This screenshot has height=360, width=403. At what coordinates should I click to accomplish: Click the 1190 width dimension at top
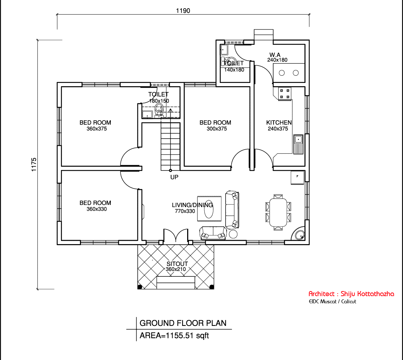point(183,11)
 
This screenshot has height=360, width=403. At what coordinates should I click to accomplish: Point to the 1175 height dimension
point(34,165)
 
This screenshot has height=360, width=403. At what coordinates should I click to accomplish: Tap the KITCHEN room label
point(279,122)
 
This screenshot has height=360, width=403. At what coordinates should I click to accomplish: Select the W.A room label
point(275,55)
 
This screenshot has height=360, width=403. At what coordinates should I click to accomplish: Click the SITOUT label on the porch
point(177,264)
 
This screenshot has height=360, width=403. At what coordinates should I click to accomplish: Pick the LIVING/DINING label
point(192,205)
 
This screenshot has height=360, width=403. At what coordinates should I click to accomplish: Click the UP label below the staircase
point(174,177)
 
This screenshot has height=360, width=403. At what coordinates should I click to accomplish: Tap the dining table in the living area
point(278,212)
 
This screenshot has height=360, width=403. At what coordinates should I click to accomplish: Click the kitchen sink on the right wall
point(298,144)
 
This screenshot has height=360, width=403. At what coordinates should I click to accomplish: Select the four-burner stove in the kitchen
point(285,94)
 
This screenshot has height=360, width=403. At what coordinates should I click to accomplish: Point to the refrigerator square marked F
point(297,178)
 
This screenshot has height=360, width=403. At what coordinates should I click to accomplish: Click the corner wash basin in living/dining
point(299,234)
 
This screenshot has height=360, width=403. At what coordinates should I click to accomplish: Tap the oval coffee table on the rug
point(209,209)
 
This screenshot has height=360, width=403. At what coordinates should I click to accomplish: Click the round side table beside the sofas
point(233,234)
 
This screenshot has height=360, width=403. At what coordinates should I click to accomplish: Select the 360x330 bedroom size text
point(97,209)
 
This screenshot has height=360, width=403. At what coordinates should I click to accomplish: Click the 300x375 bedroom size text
point(217,128)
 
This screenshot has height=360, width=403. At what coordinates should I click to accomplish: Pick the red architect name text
point(351,294)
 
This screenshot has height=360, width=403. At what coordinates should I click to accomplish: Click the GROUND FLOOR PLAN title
point(183,323)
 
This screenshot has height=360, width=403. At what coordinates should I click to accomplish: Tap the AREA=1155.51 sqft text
point(174,336)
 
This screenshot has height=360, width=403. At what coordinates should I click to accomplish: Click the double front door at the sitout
point(176,236)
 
